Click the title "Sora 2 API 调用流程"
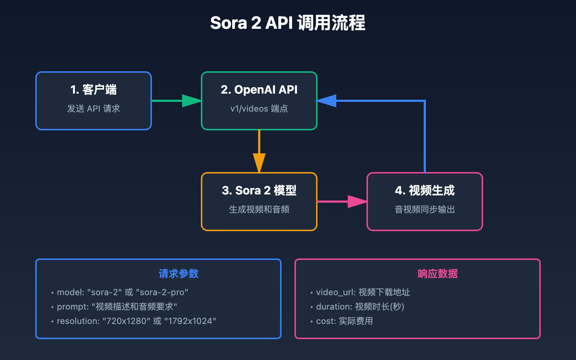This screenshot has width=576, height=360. (x=288, y=23)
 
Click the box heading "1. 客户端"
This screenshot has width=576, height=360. (x=94, y=90)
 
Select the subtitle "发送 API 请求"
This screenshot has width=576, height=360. (x=94, y=109)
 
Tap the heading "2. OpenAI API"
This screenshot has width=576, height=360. (x=259, y=90)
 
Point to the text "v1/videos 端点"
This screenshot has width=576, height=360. (x=259, y=109)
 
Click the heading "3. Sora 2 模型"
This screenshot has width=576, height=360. (x=259, y=190)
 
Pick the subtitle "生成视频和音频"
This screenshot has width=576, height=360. (x=259, y=210)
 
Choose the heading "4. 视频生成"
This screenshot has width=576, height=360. (x=425, y=190)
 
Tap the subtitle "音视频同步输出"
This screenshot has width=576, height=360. (x=425, y=210)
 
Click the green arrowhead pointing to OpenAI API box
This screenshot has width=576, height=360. (x=192, y=101)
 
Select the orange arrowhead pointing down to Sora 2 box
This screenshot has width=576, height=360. (x=259, y=162)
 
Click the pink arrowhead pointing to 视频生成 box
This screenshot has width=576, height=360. (x=357, y=202)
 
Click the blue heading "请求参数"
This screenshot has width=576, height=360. (x=179, y=274)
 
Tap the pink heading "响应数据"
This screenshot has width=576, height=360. (x=438, y=274)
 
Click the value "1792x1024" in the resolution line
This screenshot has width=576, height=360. (x=190, y=321)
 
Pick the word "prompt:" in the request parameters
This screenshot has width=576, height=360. (x=73, y=307)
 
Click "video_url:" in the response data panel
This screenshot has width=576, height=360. (x=336, y=292)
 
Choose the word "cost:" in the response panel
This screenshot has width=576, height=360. (x=326, y=321)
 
